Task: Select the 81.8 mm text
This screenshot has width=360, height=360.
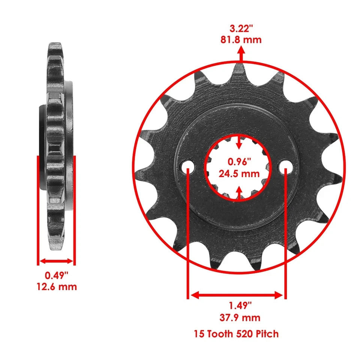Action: point(240,39)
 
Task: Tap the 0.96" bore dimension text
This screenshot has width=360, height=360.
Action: point(239,162)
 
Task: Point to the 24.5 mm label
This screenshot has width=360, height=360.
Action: point(239,174)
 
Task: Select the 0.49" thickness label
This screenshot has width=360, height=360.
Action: point(57,275)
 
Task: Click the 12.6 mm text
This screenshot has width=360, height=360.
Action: point(57,287)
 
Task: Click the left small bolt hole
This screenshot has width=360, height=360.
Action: point(188,167)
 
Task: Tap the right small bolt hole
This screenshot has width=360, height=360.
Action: point(286,166)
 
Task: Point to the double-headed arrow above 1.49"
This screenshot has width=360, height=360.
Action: point(237,295)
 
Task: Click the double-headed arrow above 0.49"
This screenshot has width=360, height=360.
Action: point(56,261)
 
